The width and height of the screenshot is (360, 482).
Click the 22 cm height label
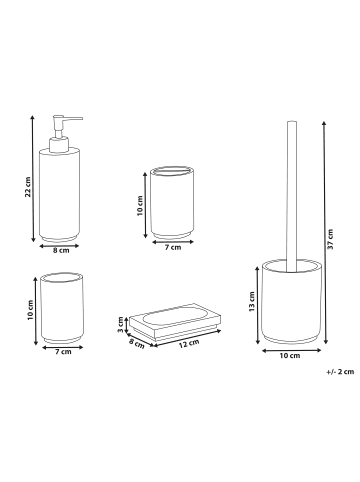pyautogui.click(x=28, y=187)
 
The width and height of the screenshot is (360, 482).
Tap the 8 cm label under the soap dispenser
pyautogui.click(x=61, y=251)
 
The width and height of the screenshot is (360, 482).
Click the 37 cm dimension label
pyautogui.click(x=330, y=239)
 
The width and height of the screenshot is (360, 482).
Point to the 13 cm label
pyautogui.click(x=252, y=302)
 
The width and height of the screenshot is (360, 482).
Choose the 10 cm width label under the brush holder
pyautogui.click(x=290, y=356)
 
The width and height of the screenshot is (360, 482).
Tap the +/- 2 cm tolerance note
pyautogui.click(x=340, y=372)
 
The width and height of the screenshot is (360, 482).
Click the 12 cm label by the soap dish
pyautogui.click(x=189, y=344)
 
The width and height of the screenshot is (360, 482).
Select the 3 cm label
pyautogui.click(x=120, y=324)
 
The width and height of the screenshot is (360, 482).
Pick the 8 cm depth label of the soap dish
pyautogui.click(x=137, y=344)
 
